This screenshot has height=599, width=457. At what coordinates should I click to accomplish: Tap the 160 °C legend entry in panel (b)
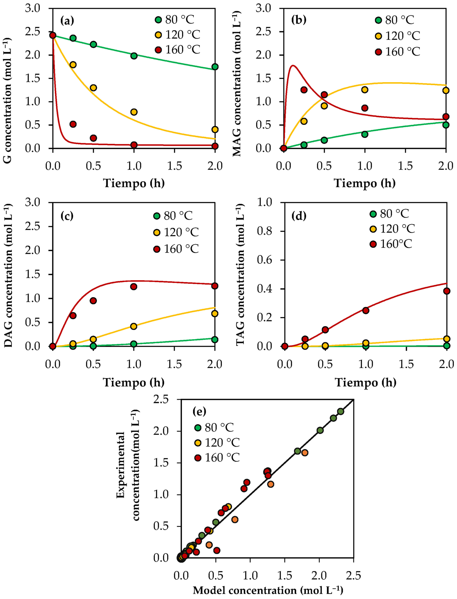pos(397,52)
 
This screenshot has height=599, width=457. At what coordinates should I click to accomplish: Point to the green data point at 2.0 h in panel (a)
pos(215,67)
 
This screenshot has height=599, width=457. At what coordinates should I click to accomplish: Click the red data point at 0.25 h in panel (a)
pos(73,124)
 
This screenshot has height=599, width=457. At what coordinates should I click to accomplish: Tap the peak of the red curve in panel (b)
pos(293,65)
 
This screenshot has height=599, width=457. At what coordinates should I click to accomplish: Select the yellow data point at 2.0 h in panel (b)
pos(446,90)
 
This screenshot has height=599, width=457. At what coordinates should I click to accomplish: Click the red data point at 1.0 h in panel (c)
pos(134,286)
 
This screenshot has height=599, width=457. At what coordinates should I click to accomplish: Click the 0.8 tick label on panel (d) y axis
pos(264,231)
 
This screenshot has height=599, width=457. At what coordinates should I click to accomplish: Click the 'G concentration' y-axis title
pos(7,101)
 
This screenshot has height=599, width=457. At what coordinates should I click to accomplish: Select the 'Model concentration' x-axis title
pos(268,590)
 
